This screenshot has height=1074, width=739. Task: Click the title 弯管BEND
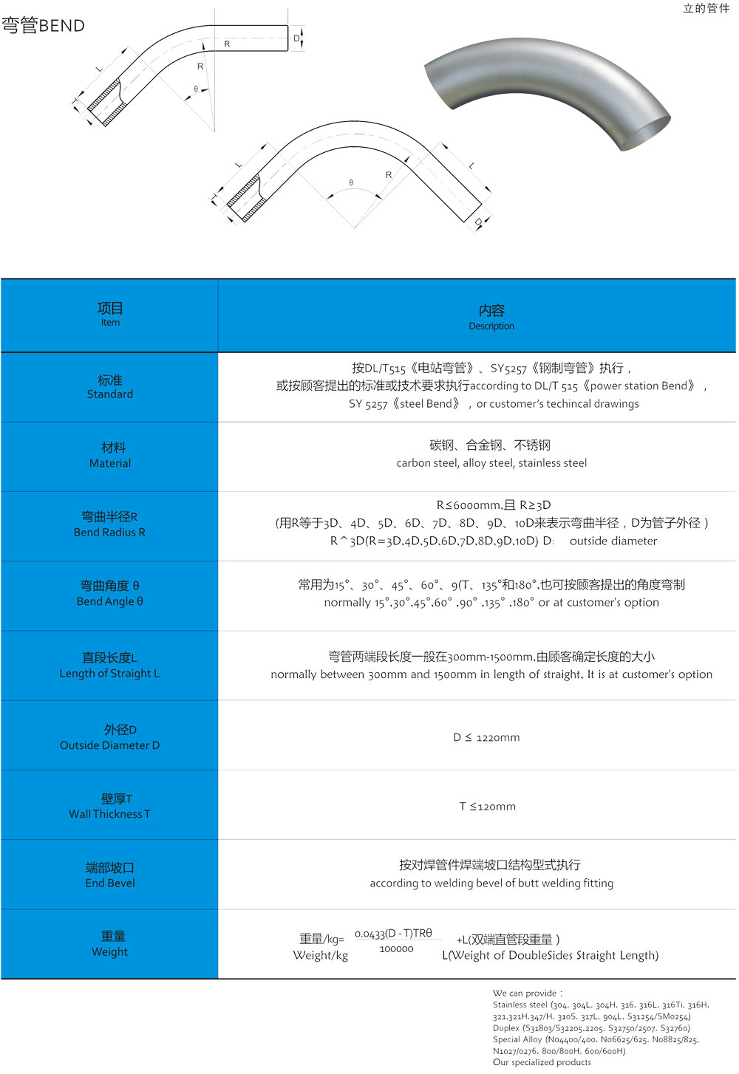(43, 26)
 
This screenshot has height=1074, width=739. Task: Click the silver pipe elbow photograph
(547, 92)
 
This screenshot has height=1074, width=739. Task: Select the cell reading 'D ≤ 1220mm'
(486, 737)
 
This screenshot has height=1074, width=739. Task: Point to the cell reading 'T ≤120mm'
(487, 807)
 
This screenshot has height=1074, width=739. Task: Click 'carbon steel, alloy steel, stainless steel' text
(491, 463)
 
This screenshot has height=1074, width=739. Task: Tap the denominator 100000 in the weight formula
(396, 949)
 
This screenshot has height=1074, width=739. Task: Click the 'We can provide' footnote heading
(527, 993)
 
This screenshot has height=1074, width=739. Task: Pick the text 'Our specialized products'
(542, 1062)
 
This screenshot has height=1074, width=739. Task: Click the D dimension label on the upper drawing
(296, 38)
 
